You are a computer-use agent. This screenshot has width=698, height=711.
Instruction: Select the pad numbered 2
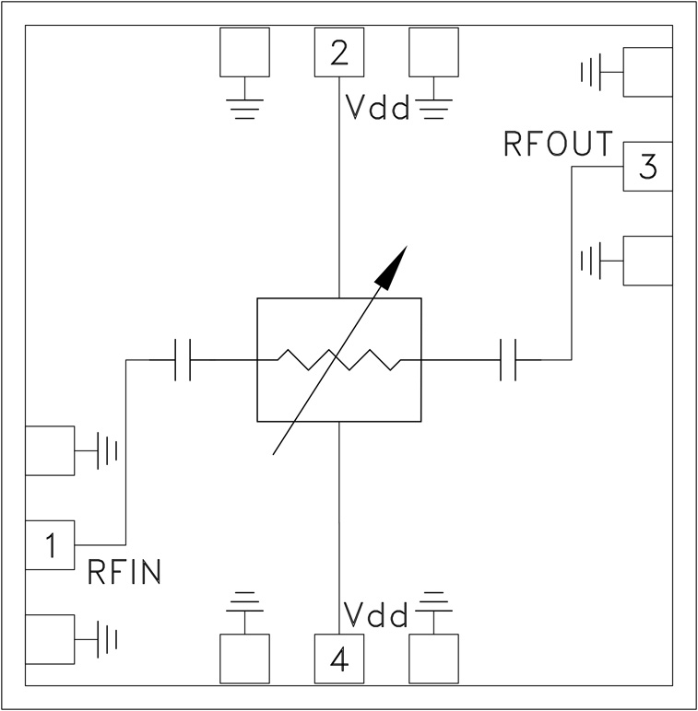[x=339, y=52]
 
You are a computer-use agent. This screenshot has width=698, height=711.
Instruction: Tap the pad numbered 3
[x=648, y=167]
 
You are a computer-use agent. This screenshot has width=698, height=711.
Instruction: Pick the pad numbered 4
[x=339, y=659]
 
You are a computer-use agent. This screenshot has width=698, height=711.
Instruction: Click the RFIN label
[x=124, y=573]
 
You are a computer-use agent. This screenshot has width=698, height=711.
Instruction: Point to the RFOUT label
[x=559, y=145]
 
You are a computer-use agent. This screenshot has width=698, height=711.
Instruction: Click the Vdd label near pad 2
[x=377, y=109]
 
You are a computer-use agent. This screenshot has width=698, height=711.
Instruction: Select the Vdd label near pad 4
[x=375, y=614]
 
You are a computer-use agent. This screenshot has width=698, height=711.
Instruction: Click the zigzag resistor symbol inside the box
[x=338, y=360]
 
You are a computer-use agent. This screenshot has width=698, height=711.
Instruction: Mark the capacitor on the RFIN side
[x=183, y=360]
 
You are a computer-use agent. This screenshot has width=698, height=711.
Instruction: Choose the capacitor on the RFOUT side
[x=506, y=360]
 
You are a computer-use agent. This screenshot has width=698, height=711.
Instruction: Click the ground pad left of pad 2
[x=244, y=52]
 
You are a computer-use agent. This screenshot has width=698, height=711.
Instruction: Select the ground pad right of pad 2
[x=433, y=52]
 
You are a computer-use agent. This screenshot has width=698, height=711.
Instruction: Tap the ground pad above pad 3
[x=648, y=71]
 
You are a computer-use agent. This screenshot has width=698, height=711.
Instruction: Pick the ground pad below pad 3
[x=648, y=261]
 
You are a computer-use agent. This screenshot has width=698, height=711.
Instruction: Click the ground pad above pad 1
[x=50, y=450]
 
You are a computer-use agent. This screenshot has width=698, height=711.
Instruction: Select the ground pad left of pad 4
[x=244, y=659]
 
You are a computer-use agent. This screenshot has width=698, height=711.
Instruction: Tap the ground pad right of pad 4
[x=433, y=659]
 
